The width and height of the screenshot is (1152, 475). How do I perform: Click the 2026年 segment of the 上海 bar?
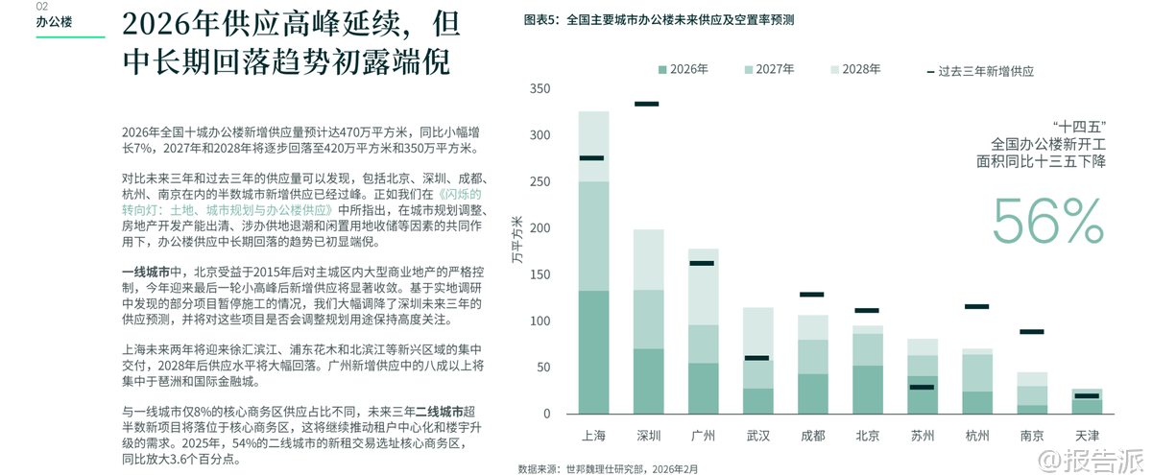click(593, 351)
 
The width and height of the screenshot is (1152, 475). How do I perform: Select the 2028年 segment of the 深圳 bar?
click(649, 259)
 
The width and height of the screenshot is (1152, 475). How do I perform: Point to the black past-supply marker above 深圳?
click(647, 104)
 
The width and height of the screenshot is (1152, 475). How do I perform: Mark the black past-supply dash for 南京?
click(1032, 332)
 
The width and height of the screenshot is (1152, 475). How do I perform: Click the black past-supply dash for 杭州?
click(977, 307)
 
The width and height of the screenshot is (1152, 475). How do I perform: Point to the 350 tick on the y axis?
click(540, 89)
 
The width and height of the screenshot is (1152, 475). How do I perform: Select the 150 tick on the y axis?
click(540, 275)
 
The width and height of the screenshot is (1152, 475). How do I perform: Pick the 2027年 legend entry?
click(768, 69)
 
